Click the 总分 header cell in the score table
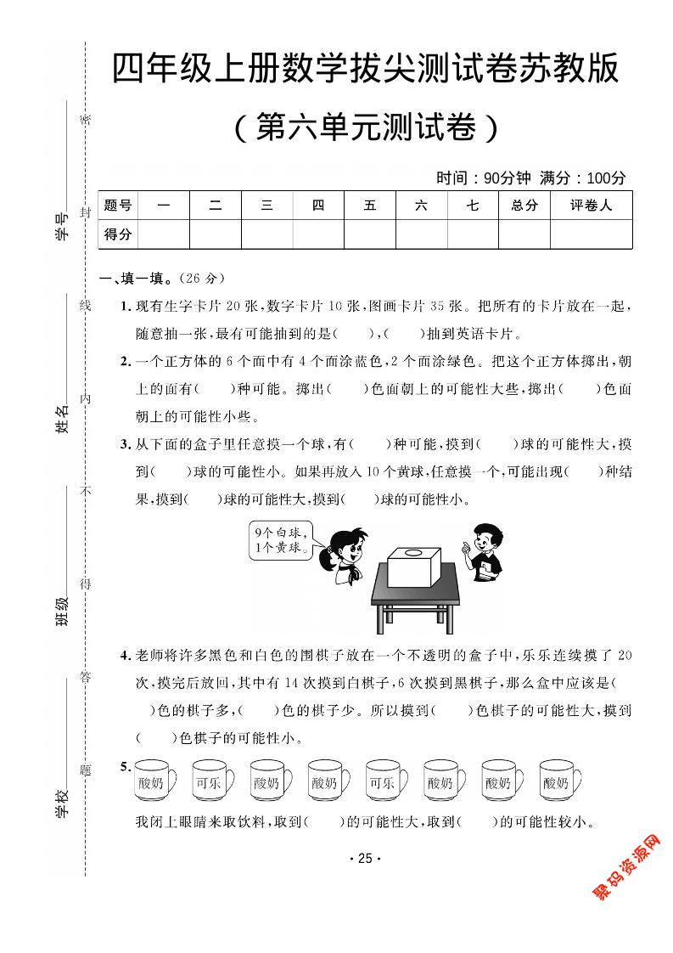[524, 206]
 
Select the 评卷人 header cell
[591, 206]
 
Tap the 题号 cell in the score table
[118, 206]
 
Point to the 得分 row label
[118, 234]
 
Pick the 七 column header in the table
[473, 206]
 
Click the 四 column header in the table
[318, 206]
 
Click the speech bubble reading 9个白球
[278, 540]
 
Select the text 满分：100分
[582, 178]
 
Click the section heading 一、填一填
[136, 278]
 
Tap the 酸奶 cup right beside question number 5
[154, 781]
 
